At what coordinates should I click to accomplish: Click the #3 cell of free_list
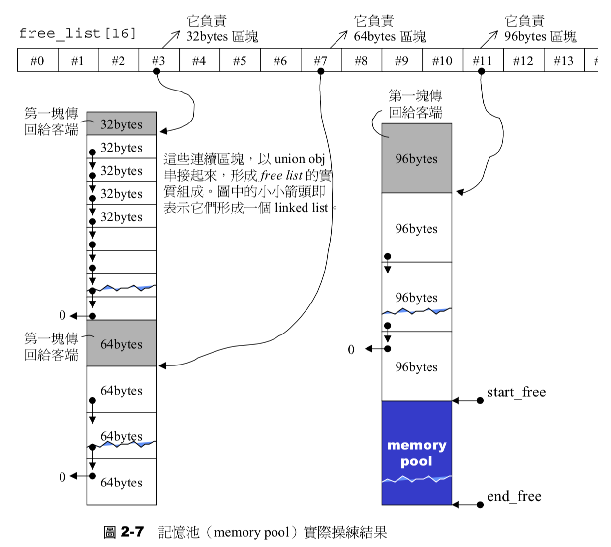(159, 61)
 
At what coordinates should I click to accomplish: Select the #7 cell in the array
(321, 61)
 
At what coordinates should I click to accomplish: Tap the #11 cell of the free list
(483, 61)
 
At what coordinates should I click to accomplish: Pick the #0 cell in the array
(37, 61)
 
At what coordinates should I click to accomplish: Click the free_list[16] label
(77, 33)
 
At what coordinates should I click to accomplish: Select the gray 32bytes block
(122, 124)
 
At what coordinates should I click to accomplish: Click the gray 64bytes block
(122, 343)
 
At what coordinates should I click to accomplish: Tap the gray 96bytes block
(417, 158)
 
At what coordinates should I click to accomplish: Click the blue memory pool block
(417, 453)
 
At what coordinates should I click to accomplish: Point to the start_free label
(516, 393)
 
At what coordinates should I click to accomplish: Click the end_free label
(514, 497)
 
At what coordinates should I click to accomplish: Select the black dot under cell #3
(157, 71)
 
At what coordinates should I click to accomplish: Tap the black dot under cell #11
(482, 71)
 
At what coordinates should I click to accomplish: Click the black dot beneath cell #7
(321, 71)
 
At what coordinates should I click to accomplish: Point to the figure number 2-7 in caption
(132, 532)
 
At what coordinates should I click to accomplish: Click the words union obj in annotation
(300, 159)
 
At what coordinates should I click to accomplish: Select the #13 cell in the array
(564, 61)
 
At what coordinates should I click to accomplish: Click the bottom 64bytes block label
(122, 483)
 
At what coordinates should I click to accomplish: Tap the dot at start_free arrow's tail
(480, 401)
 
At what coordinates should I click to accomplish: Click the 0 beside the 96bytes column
(351, 350)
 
